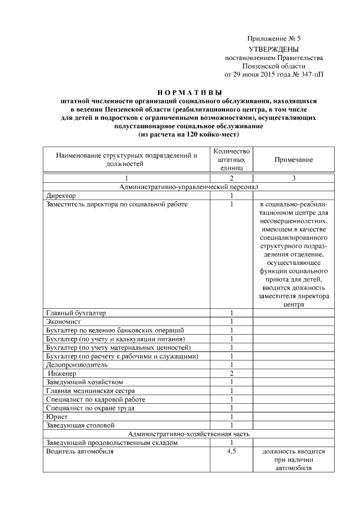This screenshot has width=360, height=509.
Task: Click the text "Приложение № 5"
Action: click(x=274, y=39)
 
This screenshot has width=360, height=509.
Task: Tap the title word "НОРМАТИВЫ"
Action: click(x=188, y=92)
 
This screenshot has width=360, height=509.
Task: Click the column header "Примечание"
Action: click(x=293, y=160)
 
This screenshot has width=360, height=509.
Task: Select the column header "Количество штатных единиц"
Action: click(x=231, y=160)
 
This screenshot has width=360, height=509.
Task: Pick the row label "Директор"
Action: click(x=60, y=195)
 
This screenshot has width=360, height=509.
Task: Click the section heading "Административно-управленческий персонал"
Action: click(x=188, y=187)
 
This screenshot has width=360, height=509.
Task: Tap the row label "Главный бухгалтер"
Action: click(x=76, y=313)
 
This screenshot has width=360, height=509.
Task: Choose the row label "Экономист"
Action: click(x=62, y=321)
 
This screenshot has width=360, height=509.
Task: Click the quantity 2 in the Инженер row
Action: click(x=231, y=373)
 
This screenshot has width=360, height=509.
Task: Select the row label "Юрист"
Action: click(x=56, y=417)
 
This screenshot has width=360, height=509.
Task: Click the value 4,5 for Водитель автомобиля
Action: click(x=231, y=451)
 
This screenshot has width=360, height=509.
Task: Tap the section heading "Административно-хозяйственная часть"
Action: click(x=188, y=434)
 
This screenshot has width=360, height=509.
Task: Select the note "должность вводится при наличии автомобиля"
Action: click(x=293, y=460)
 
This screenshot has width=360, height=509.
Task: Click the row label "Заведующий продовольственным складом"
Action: click(x=105, y=443)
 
